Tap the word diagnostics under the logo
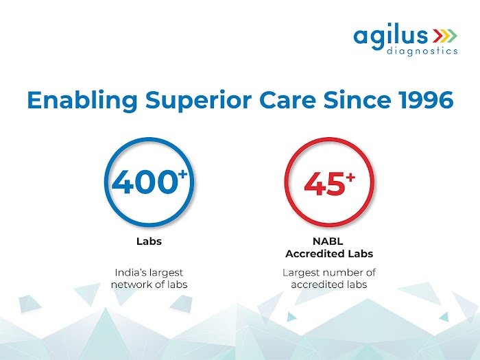click(422, 51)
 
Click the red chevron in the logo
click(437, 36)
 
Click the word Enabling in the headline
click(82, 101)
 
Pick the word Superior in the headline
click(198, 101)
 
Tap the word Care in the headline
click(287, 100)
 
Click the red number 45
click(324, 183)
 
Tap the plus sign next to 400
click(182, 174)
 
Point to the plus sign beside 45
click(350, 177)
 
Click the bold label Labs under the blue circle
click(149, 241)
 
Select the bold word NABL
click(328, 241)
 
